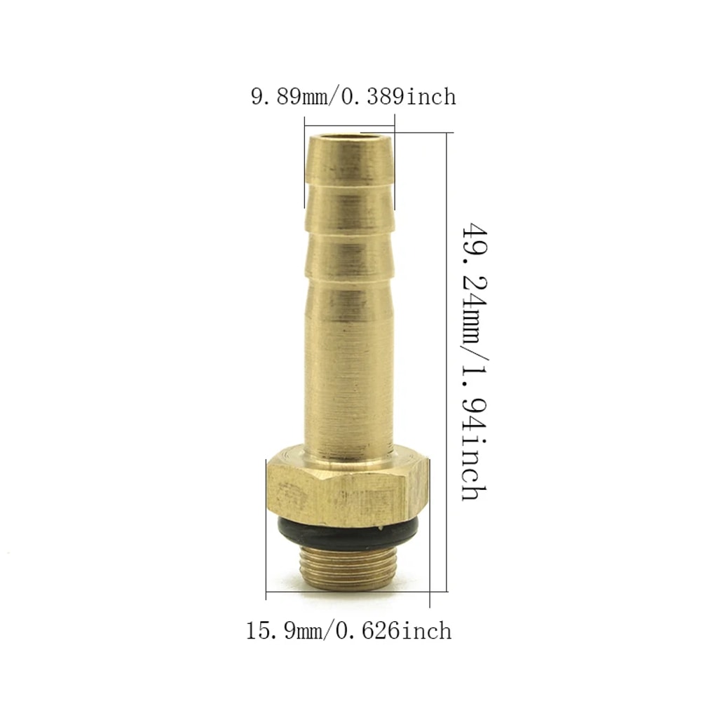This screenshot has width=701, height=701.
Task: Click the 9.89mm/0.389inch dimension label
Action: click(353, 96)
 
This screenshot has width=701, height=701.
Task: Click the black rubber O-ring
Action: click(348, 533)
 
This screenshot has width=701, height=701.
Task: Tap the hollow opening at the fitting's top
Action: click(348, 137)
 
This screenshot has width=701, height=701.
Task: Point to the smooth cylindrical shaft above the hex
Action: click(348, 365)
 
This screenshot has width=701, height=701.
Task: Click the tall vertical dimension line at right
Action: click(447, 365)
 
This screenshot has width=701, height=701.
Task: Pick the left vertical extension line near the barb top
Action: click(304, 168)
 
